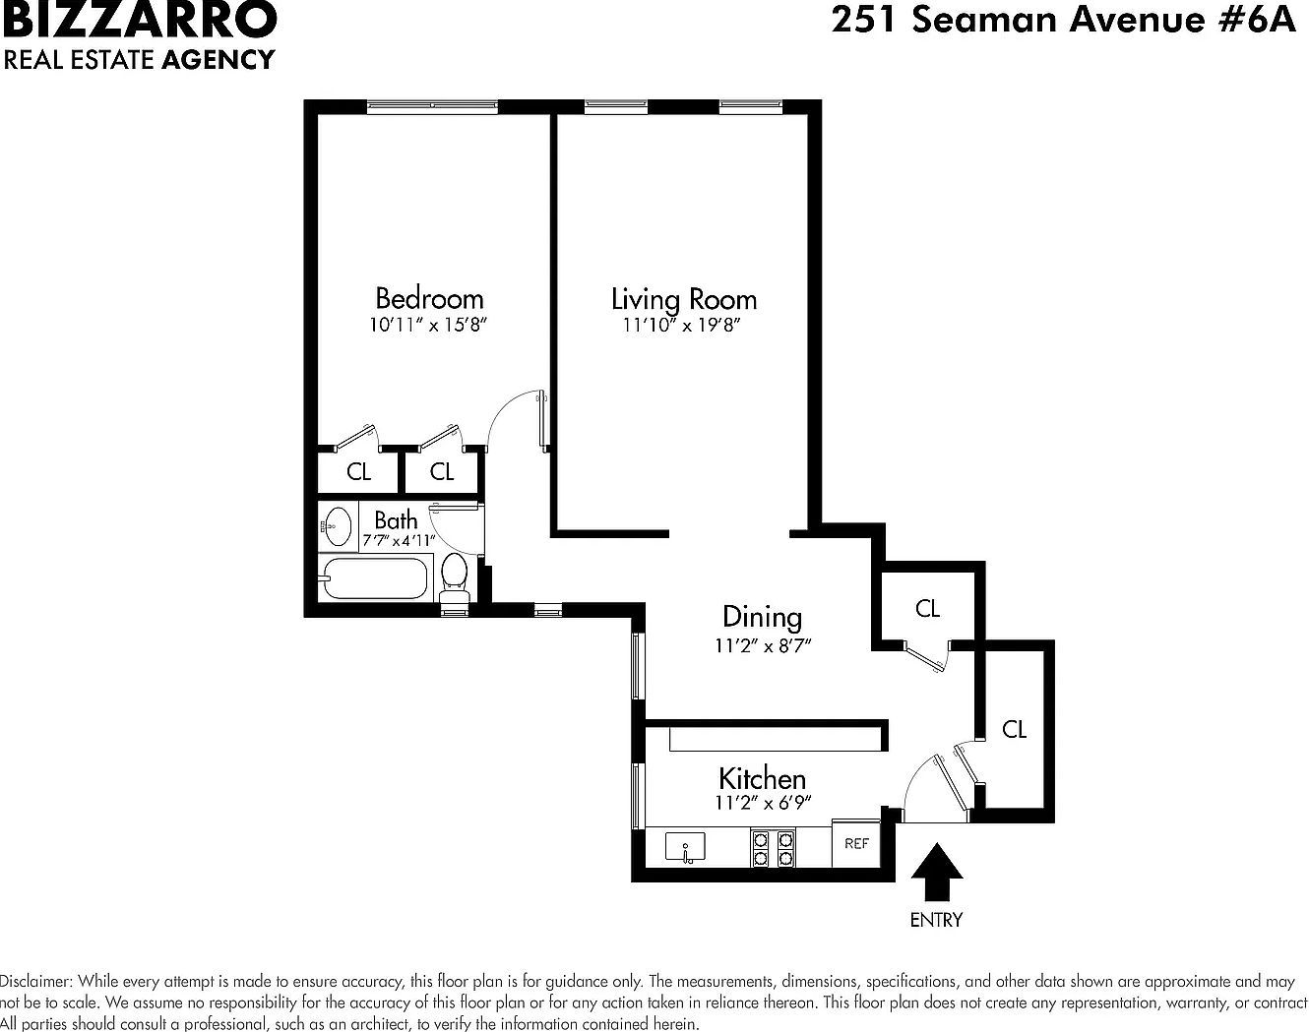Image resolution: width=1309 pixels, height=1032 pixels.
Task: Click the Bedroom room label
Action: (x=429, y=297)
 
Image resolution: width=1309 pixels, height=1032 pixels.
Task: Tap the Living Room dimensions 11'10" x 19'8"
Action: (x=681, y=326)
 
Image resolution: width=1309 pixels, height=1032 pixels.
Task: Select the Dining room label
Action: (x=762, y=617)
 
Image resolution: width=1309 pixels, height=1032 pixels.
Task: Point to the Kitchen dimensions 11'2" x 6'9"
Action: (x=763, y=803)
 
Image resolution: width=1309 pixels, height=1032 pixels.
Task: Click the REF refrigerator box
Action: (x=856, y=843)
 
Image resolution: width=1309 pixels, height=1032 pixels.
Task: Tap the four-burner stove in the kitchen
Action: (x=773, y=848)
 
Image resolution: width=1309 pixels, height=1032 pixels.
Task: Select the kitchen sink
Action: (x=685, y=847)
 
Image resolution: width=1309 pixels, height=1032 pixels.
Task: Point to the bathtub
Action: (x=375, y=578)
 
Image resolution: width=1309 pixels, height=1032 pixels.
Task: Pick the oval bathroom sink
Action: (x=338, y=526)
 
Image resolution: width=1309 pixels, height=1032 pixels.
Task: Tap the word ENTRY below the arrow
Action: (x=935, y=920)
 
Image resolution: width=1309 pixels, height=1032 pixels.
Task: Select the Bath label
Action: (x=396, y=519)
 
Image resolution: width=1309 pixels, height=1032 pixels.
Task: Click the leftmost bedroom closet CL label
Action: (x=358, y=472)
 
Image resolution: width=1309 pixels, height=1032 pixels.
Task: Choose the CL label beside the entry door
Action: (x=1014, y=729)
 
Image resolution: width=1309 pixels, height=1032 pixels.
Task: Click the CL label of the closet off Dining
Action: (x=927, y=609)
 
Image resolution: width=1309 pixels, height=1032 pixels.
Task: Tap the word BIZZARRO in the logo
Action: (x=139, y=19)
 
